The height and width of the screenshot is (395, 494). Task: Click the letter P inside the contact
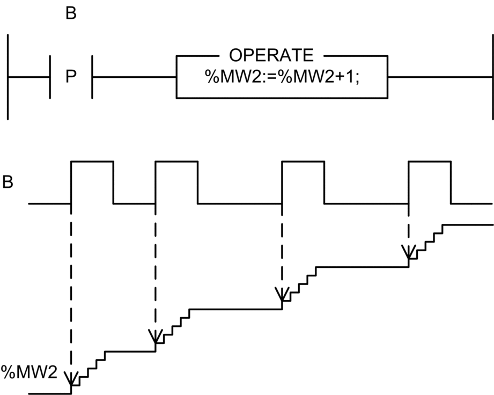71,77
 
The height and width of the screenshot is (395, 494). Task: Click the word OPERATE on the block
270,55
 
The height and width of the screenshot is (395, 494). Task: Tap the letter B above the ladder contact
71,13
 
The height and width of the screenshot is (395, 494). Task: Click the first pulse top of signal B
92,160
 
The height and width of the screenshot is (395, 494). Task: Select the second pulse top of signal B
176,160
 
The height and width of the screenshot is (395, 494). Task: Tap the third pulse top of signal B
303,160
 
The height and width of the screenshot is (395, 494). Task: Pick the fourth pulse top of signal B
430,160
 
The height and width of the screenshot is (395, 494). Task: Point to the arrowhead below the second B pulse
156,337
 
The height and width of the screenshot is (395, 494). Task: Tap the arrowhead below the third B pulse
282,294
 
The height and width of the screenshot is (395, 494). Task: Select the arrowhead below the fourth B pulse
409,252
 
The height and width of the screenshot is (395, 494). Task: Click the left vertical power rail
8,77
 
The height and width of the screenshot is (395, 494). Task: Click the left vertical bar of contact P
50,77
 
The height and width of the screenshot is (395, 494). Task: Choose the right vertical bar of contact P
92,77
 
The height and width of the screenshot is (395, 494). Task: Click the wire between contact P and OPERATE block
134,77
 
